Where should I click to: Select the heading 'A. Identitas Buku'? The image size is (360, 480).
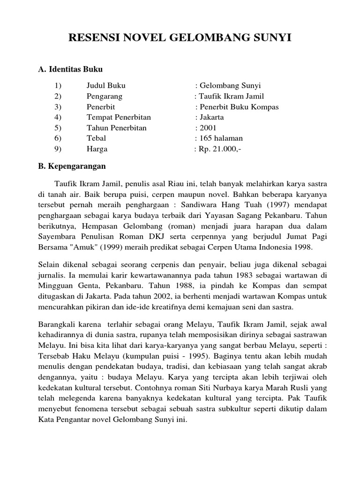tap(70, 69)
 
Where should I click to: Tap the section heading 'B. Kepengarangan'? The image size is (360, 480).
tap(72, 166)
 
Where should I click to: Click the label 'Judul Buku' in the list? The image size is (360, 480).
tap(106, 85)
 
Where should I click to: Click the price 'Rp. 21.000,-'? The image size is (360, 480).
tap(219, 149)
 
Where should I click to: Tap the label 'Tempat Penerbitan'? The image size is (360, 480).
tap(119, 117)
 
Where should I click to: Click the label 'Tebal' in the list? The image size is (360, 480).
tap(96, 138)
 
